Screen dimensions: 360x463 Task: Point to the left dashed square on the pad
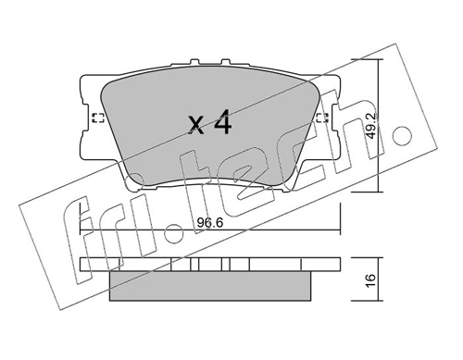[x=98, y=118]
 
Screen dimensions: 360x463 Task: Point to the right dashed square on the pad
[x=320, y=118]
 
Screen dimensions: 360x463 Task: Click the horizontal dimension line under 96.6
[x=210, y=227]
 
